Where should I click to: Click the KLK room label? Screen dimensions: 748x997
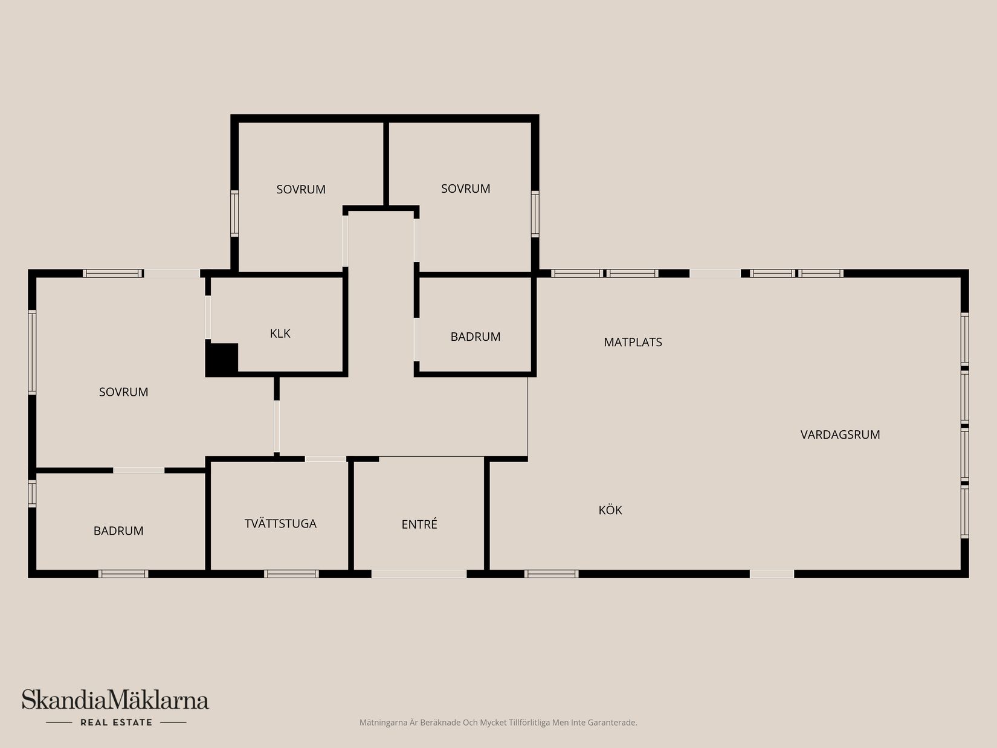point(280,334)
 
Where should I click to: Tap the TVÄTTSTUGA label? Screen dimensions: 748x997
point(280,524)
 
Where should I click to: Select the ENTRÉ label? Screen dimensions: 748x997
point(419,524)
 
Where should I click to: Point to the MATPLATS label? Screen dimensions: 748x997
point(633,342)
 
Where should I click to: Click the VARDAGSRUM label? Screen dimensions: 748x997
point(840,434)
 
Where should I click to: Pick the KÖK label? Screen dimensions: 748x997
point(610,510)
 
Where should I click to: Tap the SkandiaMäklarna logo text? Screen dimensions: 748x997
point(115,700)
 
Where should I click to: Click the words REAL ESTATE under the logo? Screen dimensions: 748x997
point(116,722)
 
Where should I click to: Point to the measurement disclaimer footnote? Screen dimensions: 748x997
point(498,723)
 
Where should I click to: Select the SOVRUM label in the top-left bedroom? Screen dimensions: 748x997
point(301,190)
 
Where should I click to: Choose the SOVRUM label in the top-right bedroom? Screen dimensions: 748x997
point(465,189)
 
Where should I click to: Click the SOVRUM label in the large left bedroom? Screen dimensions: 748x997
point(123,392)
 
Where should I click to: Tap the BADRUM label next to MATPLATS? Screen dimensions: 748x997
point(476,337)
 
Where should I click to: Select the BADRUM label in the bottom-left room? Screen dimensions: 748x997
point(118,531)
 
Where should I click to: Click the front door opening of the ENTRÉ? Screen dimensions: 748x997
point(419,573)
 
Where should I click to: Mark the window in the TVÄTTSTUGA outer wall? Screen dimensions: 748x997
point(291,574)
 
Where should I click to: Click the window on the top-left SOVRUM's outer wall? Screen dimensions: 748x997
point(234,213)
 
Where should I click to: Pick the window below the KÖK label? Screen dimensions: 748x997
point(551,574)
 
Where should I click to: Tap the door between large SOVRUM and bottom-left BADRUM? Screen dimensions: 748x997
point(139,470)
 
